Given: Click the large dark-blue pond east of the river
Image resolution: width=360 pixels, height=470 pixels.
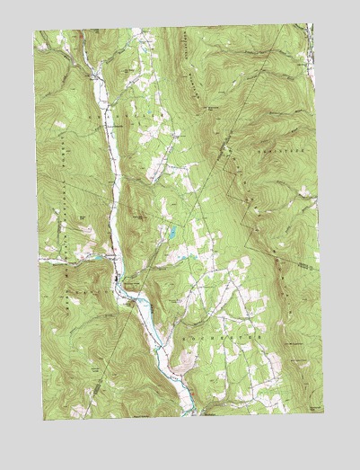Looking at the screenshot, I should (x=167, y=235).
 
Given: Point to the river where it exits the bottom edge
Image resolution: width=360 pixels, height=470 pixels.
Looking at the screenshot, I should (x=191, y=414).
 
